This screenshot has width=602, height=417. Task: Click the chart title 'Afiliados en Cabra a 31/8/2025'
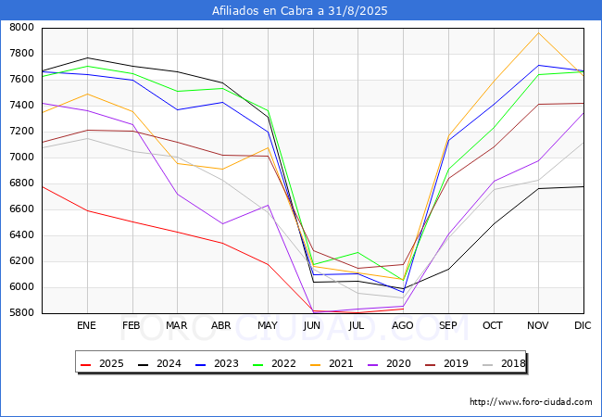pyautogui.click(x=300, y=10)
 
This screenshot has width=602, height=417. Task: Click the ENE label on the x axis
pyautogui.click(x=86, y=326)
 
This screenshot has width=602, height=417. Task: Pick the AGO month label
pyautogui.click(x=403, y=326)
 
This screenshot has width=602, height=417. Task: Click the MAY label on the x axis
pyautogui.click(x=267, y=326)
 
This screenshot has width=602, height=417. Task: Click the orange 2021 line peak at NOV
pyautogui.click(x=538, y=32)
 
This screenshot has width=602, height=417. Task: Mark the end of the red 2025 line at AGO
pyautogui.click(x=403, y=309)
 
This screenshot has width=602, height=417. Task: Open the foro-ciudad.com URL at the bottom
pyautogui.click(x=531, y=402)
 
